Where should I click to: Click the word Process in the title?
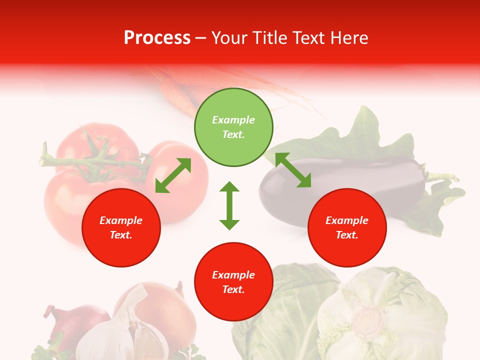point(157,38)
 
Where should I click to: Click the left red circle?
point(121,227)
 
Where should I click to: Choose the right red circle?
point(347,227)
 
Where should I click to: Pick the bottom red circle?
point(233,282)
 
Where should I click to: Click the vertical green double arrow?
point(229,205)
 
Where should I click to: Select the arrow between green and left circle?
point(173,175)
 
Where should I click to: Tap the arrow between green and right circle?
point(293,170)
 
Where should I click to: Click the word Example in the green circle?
point(233,120)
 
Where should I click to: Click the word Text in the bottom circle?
point(233,289)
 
